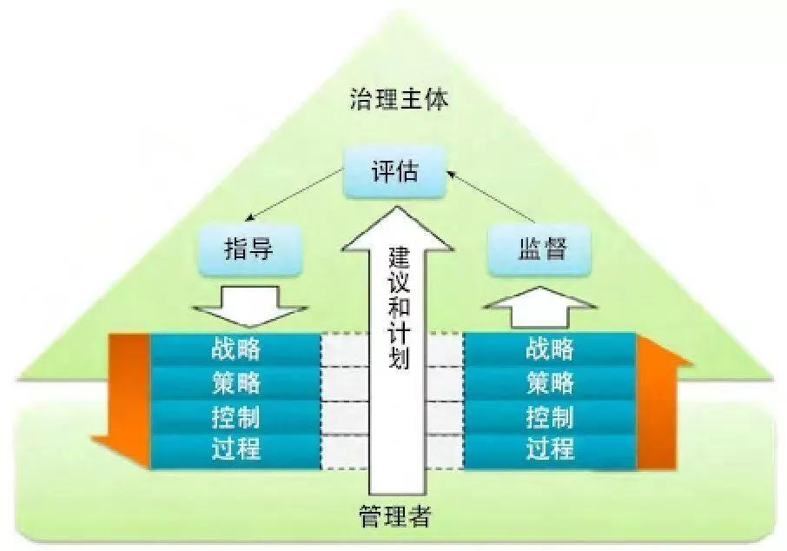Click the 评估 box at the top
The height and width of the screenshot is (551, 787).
tap(393, 170)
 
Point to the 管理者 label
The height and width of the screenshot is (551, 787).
tap(394, 518)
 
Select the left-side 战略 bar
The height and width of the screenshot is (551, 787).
tap(235, 349)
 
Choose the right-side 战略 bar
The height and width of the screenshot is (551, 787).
tap(550, 349)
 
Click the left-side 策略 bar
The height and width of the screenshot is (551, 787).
tap(235, 382)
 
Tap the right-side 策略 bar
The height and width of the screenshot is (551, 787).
tap(550, 382)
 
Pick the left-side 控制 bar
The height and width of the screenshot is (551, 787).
tap(235, 416)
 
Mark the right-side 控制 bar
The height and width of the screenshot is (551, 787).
tap(550, 416)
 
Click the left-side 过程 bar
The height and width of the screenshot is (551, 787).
tap(235, 450)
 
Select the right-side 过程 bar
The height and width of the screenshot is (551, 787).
tap(550, 450)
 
